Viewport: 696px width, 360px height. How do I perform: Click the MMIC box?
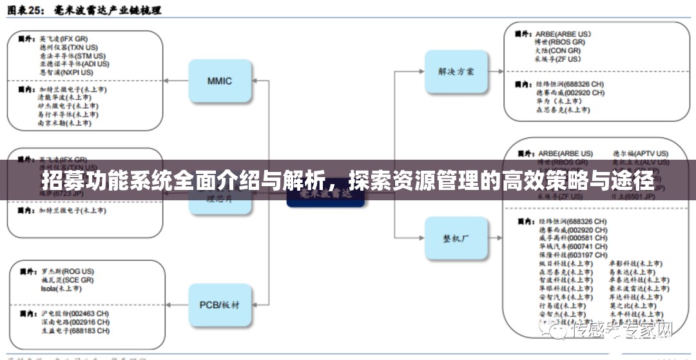click(x=219, y=81)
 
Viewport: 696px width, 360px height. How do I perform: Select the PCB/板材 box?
click(x=219, y=304)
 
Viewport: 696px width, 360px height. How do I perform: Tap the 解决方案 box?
click(x=457, y=71)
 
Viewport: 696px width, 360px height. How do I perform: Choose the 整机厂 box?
click(x=457, y=238)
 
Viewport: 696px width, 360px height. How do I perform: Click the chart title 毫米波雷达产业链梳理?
click(x=116, y=10)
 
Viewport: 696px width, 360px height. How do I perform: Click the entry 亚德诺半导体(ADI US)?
click(x=73, y=64)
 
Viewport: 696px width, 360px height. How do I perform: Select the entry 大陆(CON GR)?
click(x=557, y=50)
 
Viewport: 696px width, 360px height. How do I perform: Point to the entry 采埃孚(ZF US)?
click(x=558, y=59)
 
